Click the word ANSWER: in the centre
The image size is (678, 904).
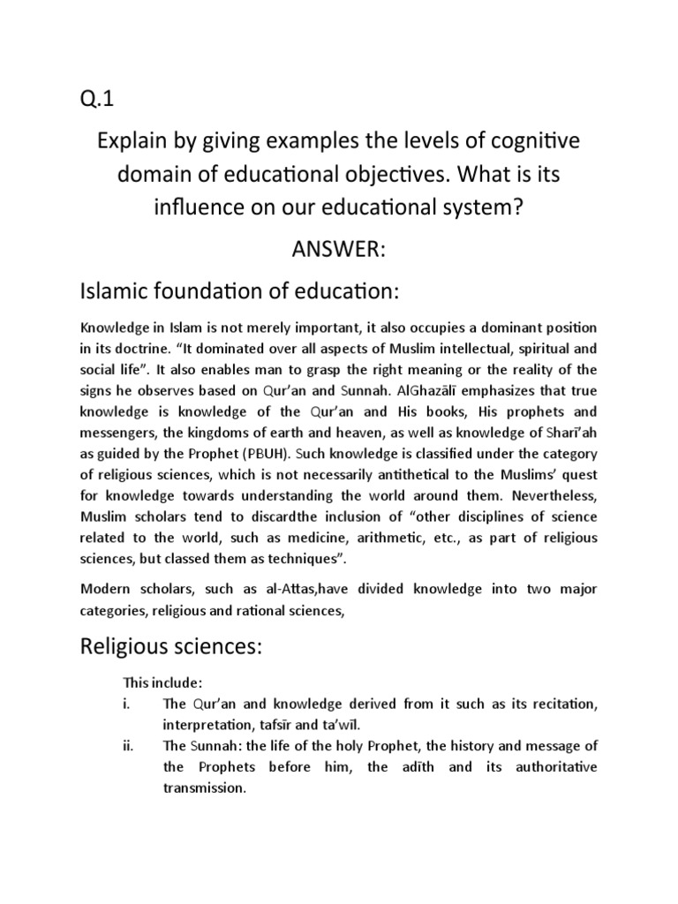pos(338,249)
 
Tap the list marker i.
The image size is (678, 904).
pos(126,704)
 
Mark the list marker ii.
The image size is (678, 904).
pos(128,746)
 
